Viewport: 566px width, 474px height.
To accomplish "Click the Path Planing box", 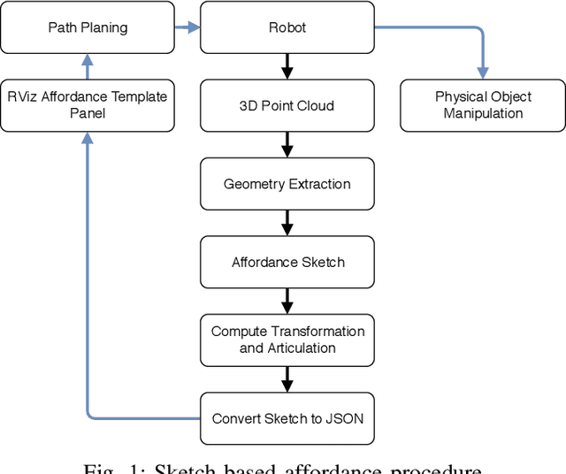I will click(87, 27).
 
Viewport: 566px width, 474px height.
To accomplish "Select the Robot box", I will click(287, 27).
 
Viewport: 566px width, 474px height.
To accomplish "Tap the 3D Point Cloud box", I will click(287, 105).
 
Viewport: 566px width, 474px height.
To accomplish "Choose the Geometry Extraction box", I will click(287, 184).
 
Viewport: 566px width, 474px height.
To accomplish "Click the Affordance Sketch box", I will click(287, 262).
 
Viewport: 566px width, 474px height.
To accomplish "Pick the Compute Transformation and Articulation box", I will click(287, 340).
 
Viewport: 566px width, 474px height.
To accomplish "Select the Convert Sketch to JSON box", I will click(287, 417).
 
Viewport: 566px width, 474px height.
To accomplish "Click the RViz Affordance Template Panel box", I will click(87, 105).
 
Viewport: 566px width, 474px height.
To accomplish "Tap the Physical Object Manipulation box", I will click(483, 105).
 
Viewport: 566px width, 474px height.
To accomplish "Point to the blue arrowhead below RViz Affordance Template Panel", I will click(87, 140).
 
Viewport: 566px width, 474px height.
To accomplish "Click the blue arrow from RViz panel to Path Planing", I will click(87, 66).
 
